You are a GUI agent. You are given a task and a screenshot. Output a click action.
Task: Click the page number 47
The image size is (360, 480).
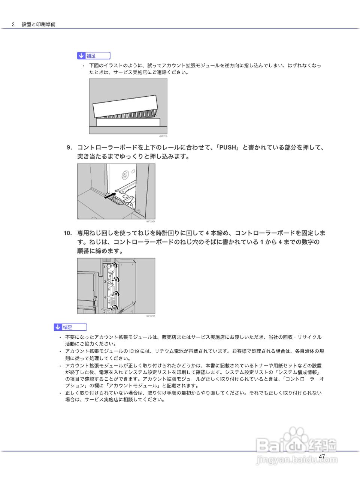pyautogui.click(x=322, y=456)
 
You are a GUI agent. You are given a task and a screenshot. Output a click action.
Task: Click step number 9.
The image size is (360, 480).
pyautogui.click(x=69, y=148)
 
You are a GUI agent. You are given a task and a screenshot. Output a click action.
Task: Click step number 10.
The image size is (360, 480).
pyautogui.click(x=67, y=233)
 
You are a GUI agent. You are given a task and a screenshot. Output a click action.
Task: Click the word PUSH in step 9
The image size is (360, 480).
pyautogui.click(x=228, y=148)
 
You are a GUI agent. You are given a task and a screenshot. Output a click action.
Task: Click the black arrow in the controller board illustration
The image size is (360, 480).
pyautogui.click(x=109, y=195)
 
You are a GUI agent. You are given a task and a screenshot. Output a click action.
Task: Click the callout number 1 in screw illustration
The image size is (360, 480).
pyautogui.click(x=105, y=267)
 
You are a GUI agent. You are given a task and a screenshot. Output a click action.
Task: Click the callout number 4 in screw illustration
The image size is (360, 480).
pyautogui.click(x=105, y=297)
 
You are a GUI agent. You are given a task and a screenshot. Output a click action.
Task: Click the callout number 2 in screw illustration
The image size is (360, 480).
pyautogui.click(x=105, y=311)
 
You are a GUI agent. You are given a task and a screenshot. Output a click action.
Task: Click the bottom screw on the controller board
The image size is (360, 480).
pyautogui.click(x=115, y=308)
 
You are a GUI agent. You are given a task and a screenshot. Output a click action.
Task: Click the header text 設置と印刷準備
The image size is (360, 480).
pyautogui.click(x=38, y=24)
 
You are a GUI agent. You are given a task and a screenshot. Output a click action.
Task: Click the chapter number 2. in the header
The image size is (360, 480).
pyautogui.click(x=13, y=24)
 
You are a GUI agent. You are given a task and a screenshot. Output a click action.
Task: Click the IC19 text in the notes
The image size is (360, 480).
pyautogui.click(x=134, y=351)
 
